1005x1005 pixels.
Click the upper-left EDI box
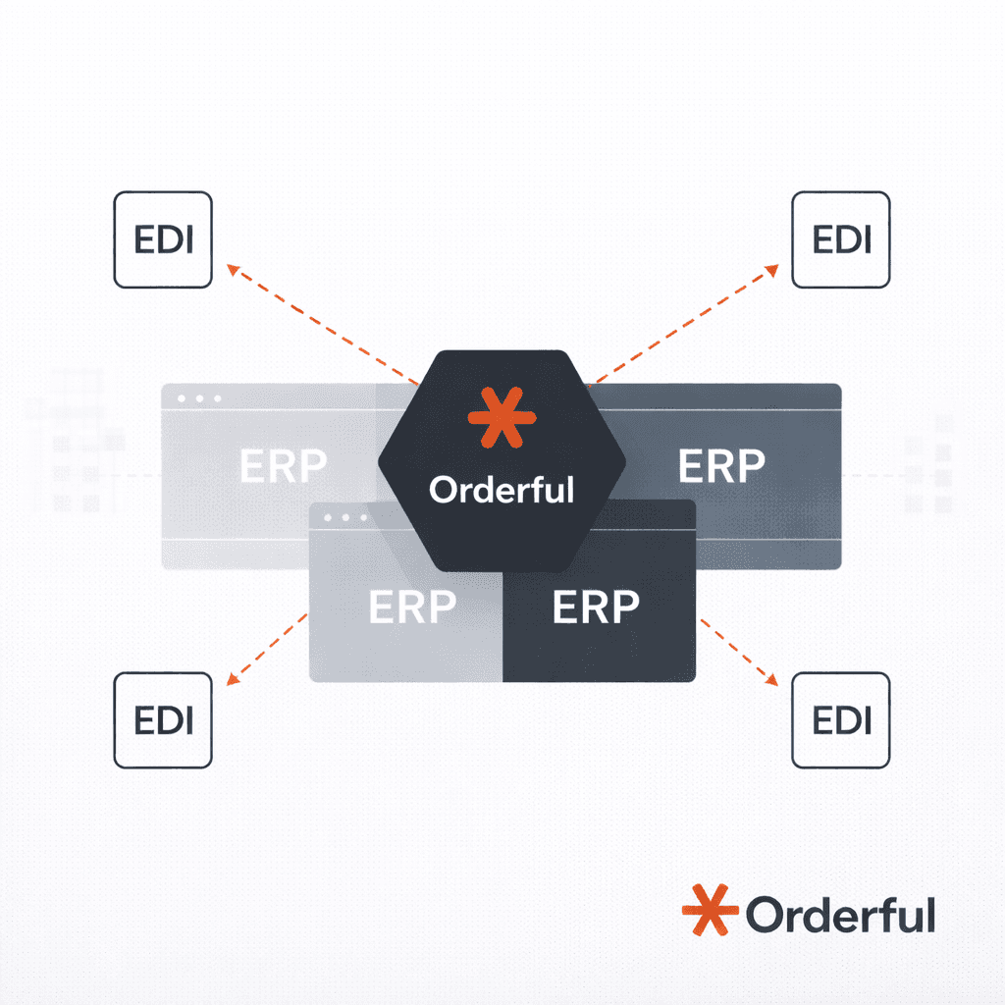tap(163, 239)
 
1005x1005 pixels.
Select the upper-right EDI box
tap(841, 239)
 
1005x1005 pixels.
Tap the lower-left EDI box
tap(163, 719)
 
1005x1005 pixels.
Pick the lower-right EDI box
tap(841, 719)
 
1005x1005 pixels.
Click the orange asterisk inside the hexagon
tap(502, 416)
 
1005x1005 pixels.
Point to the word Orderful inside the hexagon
tap(502, 489)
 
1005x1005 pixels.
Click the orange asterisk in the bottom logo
tap(709, 910)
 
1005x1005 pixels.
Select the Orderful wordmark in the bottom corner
tap(840, 915)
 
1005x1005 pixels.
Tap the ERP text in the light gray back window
tap(283, 467)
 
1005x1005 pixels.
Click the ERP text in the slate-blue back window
tap(721, 467)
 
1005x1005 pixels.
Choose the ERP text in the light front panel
tap(412, 608)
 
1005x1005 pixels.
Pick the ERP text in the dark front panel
tap(596, 608)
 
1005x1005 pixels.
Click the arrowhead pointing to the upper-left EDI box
tap(232, 268)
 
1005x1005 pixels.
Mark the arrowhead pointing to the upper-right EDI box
tap(773, 268)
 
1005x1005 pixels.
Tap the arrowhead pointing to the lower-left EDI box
tap(232, 679)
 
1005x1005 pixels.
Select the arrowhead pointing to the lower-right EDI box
tap(773, 679)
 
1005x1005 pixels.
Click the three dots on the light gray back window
tap(197, 398)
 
